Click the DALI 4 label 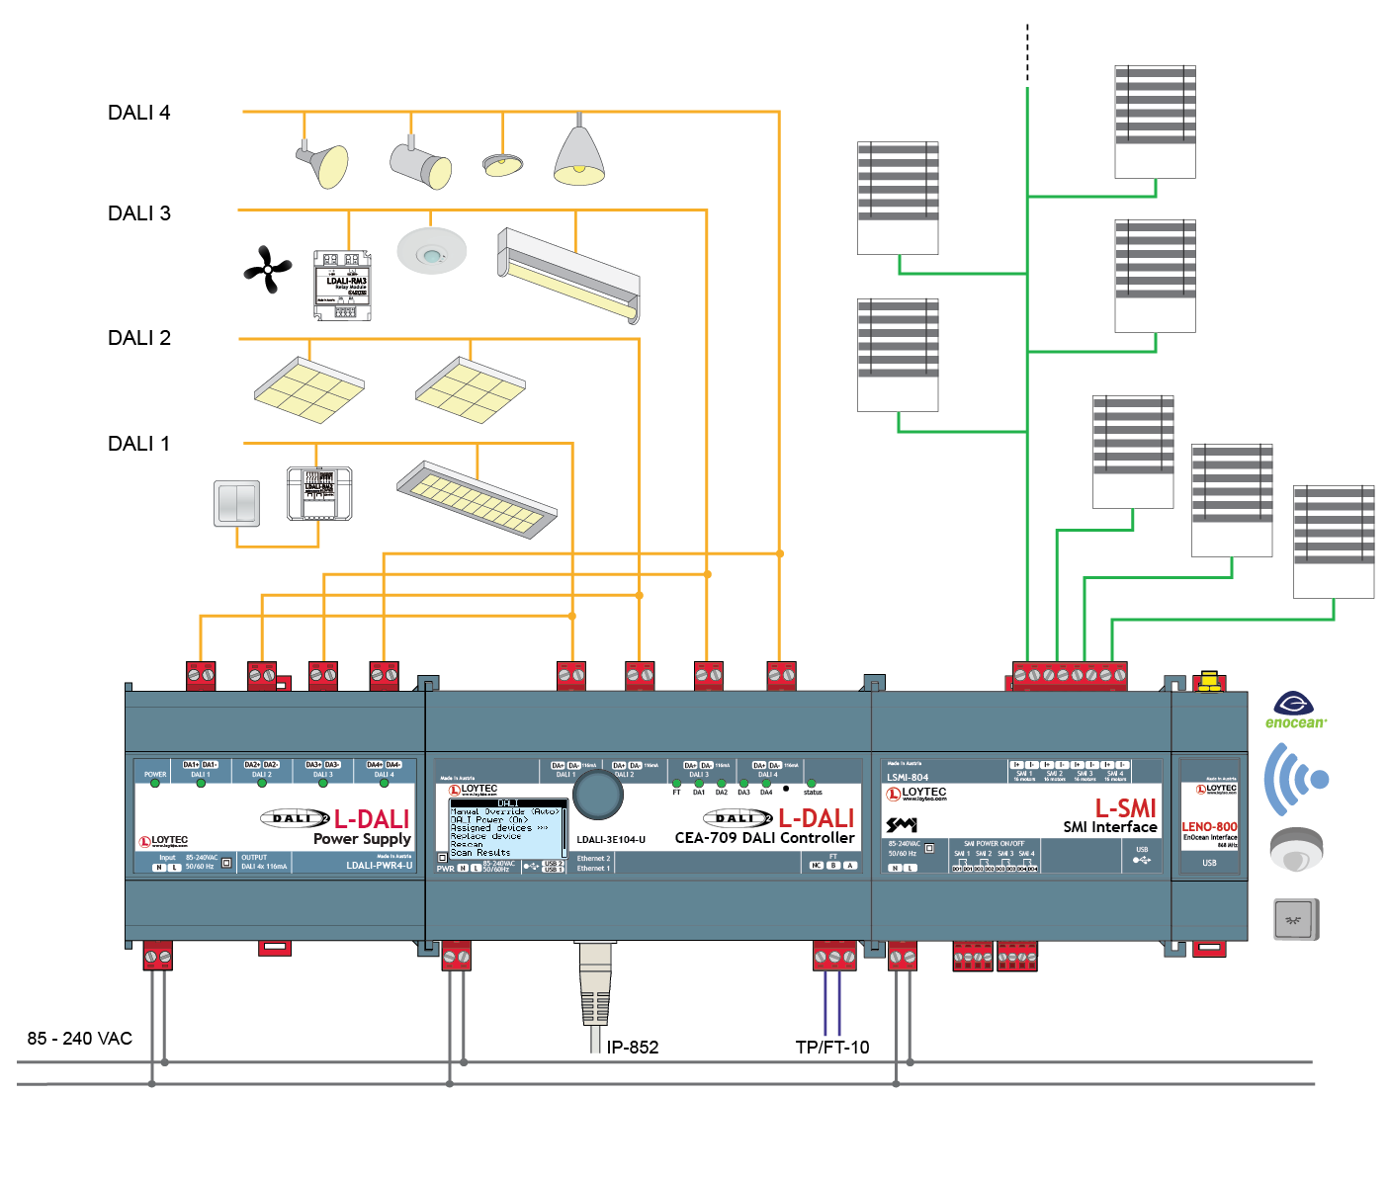138,113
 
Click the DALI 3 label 138,213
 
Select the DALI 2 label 138,338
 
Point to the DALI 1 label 138,444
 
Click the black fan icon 267,269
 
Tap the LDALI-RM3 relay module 343,286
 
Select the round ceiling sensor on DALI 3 431,251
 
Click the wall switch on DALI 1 237,503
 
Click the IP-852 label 633,1048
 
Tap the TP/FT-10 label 832,1048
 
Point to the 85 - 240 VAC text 80,1039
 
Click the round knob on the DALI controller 598,795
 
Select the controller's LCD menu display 506,828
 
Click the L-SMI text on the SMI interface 1125,808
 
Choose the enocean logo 1295,711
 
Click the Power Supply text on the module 362,839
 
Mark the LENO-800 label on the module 1209,827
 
